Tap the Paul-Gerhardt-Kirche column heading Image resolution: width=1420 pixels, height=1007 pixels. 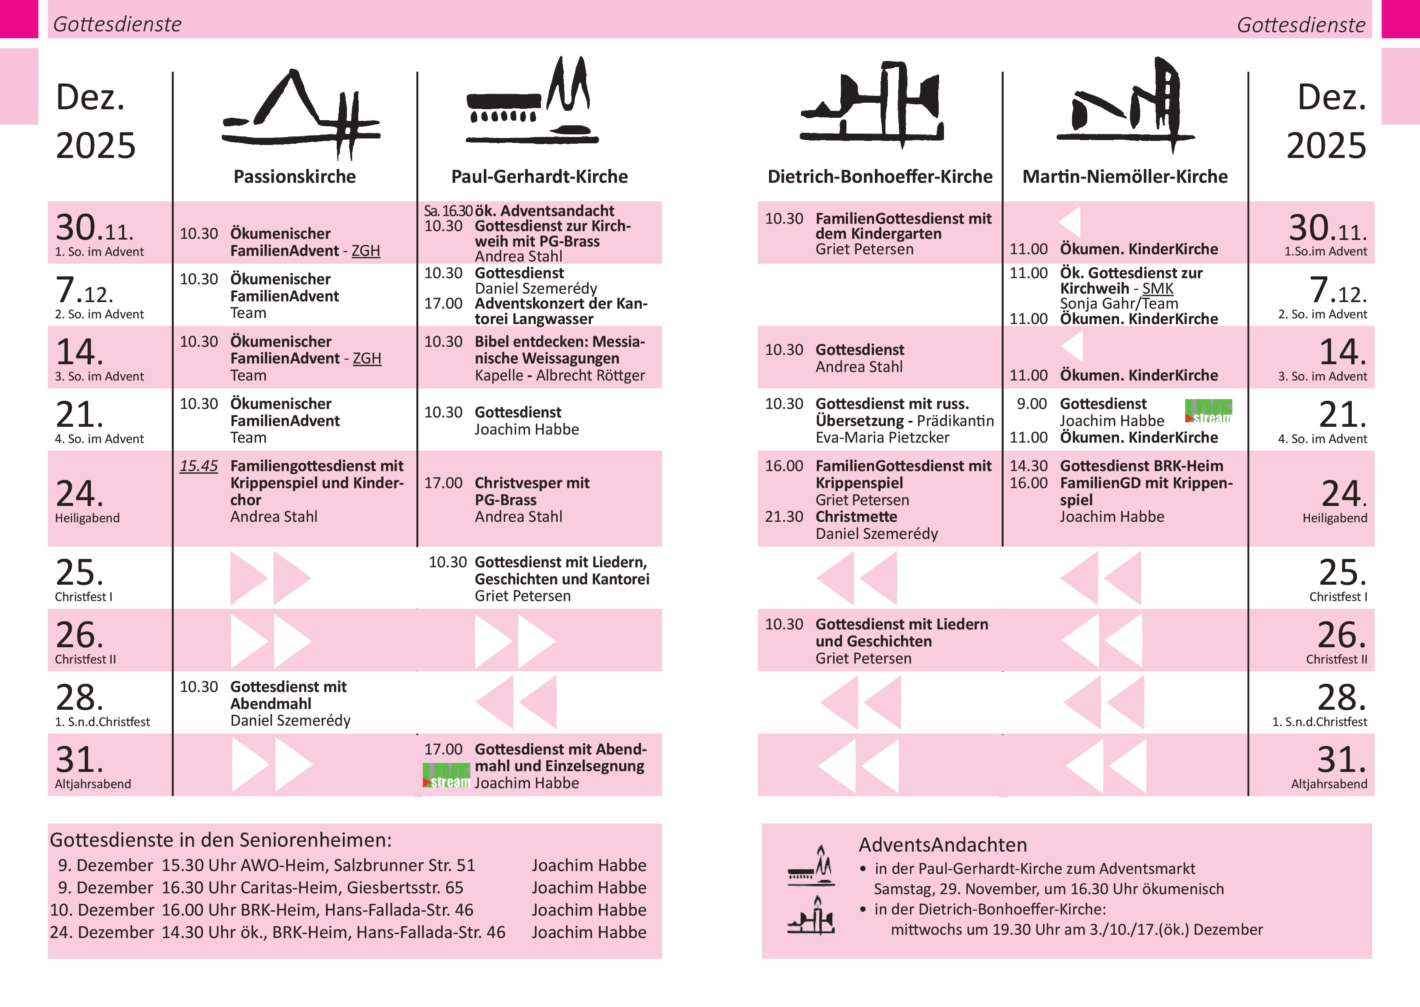[x=539, y=177]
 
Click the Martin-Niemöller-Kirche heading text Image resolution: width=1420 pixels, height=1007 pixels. [x=1124, y=177]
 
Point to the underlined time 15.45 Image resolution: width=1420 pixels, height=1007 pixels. [x=199, y=466]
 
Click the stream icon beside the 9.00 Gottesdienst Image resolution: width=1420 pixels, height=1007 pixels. [x=1208, y=411]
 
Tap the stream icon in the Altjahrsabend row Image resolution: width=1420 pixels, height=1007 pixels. [x=446, y=776]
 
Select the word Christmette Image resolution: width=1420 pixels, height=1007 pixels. [x=856, y=516]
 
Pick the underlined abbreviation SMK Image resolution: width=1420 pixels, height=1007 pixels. [x=1157, y=288]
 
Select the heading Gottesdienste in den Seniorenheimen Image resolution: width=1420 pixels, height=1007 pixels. [x=221, y=840]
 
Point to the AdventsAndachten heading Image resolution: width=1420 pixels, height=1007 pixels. [x=942, y=845]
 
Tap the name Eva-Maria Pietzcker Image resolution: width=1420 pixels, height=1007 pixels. [x=882, y=438]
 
